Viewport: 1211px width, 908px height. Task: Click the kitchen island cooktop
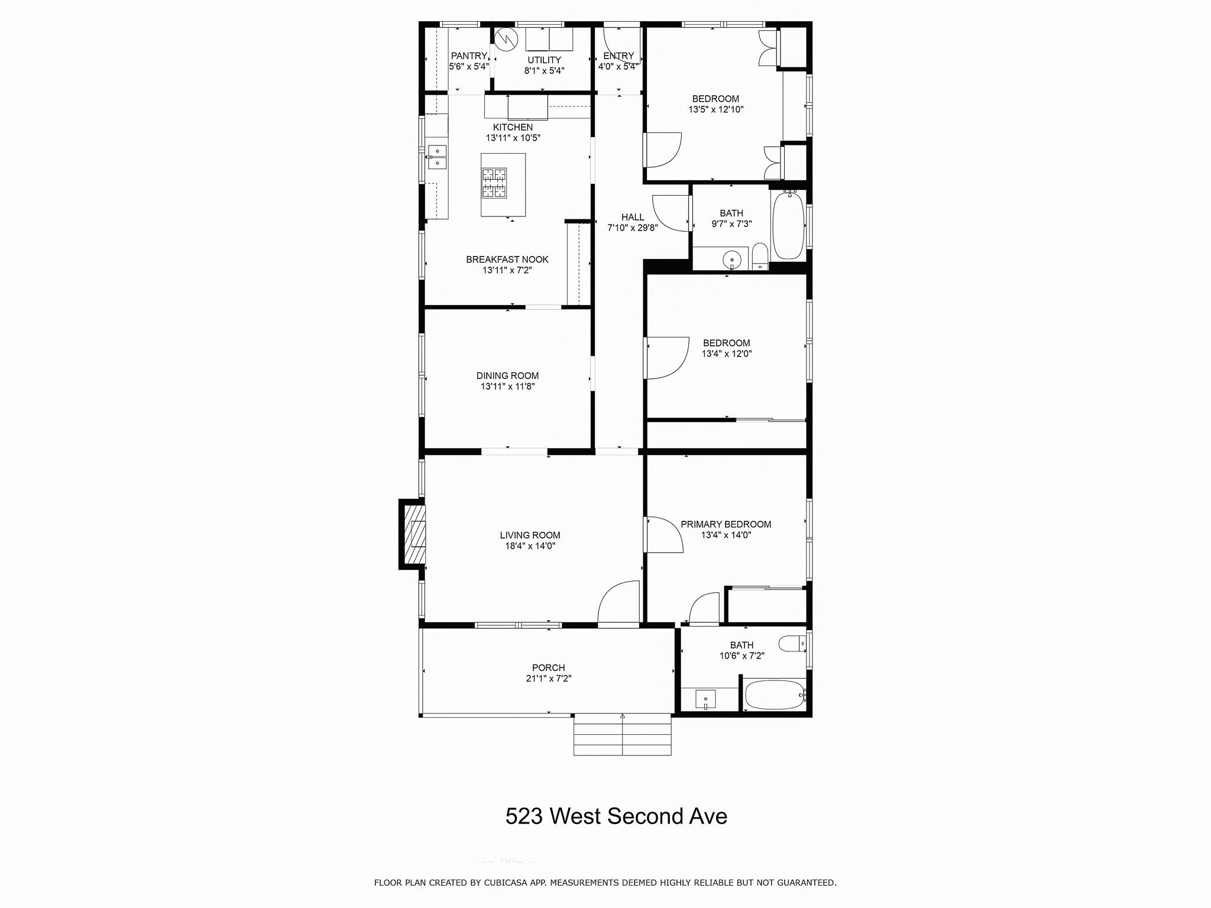[494, 183]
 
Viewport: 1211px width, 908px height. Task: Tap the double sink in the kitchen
[438, 157]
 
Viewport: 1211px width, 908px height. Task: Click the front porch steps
[622, 734]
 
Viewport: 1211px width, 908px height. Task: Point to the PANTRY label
[469, 56]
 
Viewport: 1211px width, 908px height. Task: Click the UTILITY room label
[544, 60]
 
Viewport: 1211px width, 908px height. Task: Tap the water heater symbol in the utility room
[506, 39]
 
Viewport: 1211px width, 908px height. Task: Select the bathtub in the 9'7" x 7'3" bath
[788, 225]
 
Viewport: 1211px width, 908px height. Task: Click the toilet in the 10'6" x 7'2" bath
[792, 643]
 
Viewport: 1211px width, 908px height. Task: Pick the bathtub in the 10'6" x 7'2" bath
[773, 695]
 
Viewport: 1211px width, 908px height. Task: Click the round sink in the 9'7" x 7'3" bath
[733, 260]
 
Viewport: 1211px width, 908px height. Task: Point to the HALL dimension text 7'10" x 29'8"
[633, 228]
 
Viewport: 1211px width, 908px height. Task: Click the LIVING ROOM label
[530, 536]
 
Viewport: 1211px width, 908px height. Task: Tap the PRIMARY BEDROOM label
[726, 524]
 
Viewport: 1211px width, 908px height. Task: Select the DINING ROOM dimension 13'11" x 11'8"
[507, 387]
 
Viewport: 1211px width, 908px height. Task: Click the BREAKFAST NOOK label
[507, 260]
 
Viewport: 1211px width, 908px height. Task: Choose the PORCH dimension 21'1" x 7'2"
[548, 679]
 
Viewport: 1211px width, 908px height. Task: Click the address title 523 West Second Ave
[616, 816]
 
